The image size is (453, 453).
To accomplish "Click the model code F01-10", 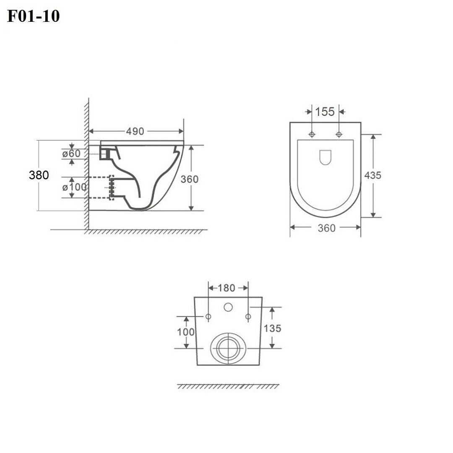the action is click(33, 16).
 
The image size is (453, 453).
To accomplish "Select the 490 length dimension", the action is click(135, 131).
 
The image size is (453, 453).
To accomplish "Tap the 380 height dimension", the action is click(39, 175).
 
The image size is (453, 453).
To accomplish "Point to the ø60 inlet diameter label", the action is click(71, 154).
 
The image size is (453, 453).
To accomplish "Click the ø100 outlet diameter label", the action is click(74, 187).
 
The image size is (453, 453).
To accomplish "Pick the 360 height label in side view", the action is click(190, 179).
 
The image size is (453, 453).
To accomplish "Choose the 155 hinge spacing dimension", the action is click(325, 112).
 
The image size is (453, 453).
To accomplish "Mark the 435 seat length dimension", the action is click(373, 175).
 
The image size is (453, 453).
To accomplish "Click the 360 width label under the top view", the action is click(326, 228).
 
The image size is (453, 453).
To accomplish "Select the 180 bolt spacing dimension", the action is click(226, 288).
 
